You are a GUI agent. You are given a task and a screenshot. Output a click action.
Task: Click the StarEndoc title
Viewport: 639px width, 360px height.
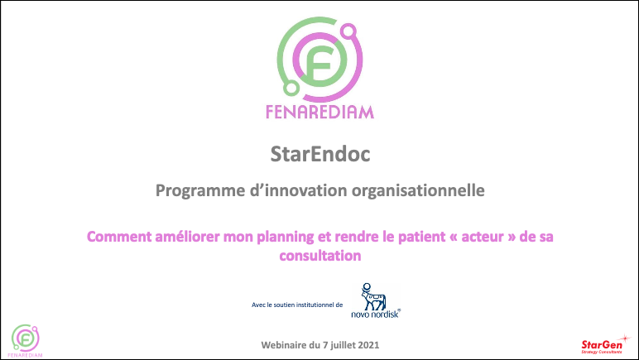click(x=320, y=154)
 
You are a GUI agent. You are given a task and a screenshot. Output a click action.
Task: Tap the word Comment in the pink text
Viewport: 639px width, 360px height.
click(x=119, y=237)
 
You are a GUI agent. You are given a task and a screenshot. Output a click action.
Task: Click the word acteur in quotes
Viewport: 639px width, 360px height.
click(x=483, y=237)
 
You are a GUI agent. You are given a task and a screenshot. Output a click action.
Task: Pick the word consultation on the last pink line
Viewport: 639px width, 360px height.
click(x=320, y=256)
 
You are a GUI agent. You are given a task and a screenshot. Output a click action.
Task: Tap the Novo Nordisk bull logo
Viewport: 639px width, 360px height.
click(x=372, y=297)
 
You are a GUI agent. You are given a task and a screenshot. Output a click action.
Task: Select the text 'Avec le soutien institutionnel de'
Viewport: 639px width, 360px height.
click(x=297, y=305)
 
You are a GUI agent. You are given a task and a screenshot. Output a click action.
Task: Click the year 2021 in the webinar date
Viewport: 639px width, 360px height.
click(x=369, y=345)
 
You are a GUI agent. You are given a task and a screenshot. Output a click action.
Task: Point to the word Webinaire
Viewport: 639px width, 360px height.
click(x=284, y=345)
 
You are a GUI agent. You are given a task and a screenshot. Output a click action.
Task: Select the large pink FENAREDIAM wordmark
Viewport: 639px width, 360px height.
click(x=319, y=112)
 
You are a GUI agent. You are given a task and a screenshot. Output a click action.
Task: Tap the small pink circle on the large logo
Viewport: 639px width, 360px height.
click(x=348, y=31)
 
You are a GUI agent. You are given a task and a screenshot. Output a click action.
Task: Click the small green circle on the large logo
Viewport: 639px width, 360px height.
click(x=291, y=88)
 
